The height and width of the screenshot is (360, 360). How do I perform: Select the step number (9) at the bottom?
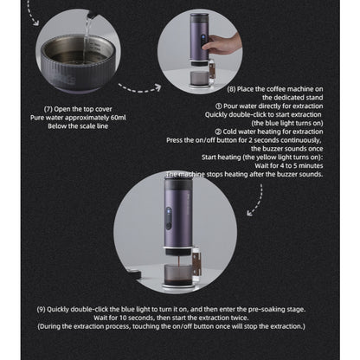(43, 308)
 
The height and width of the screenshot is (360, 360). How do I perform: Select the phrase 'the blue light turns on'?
(273, 122)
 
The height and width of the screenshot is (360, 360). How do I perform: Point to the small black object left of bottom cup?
(138, 274)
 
